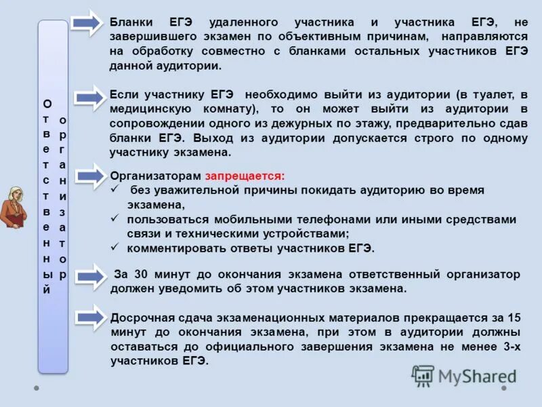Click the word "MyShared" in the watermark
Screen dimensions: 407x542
point(477,376)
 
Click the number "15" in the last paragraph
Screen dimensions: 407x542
point(514,317)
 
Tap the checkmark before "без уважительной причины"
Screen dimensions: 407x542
point(115,189)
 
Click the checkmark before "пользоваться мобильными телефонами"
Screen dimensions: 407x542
point(115,219)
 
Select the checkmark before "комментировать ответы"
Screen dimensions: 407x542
point(115,248)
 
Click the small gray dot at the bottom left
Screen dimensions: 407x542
point(37,389)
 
